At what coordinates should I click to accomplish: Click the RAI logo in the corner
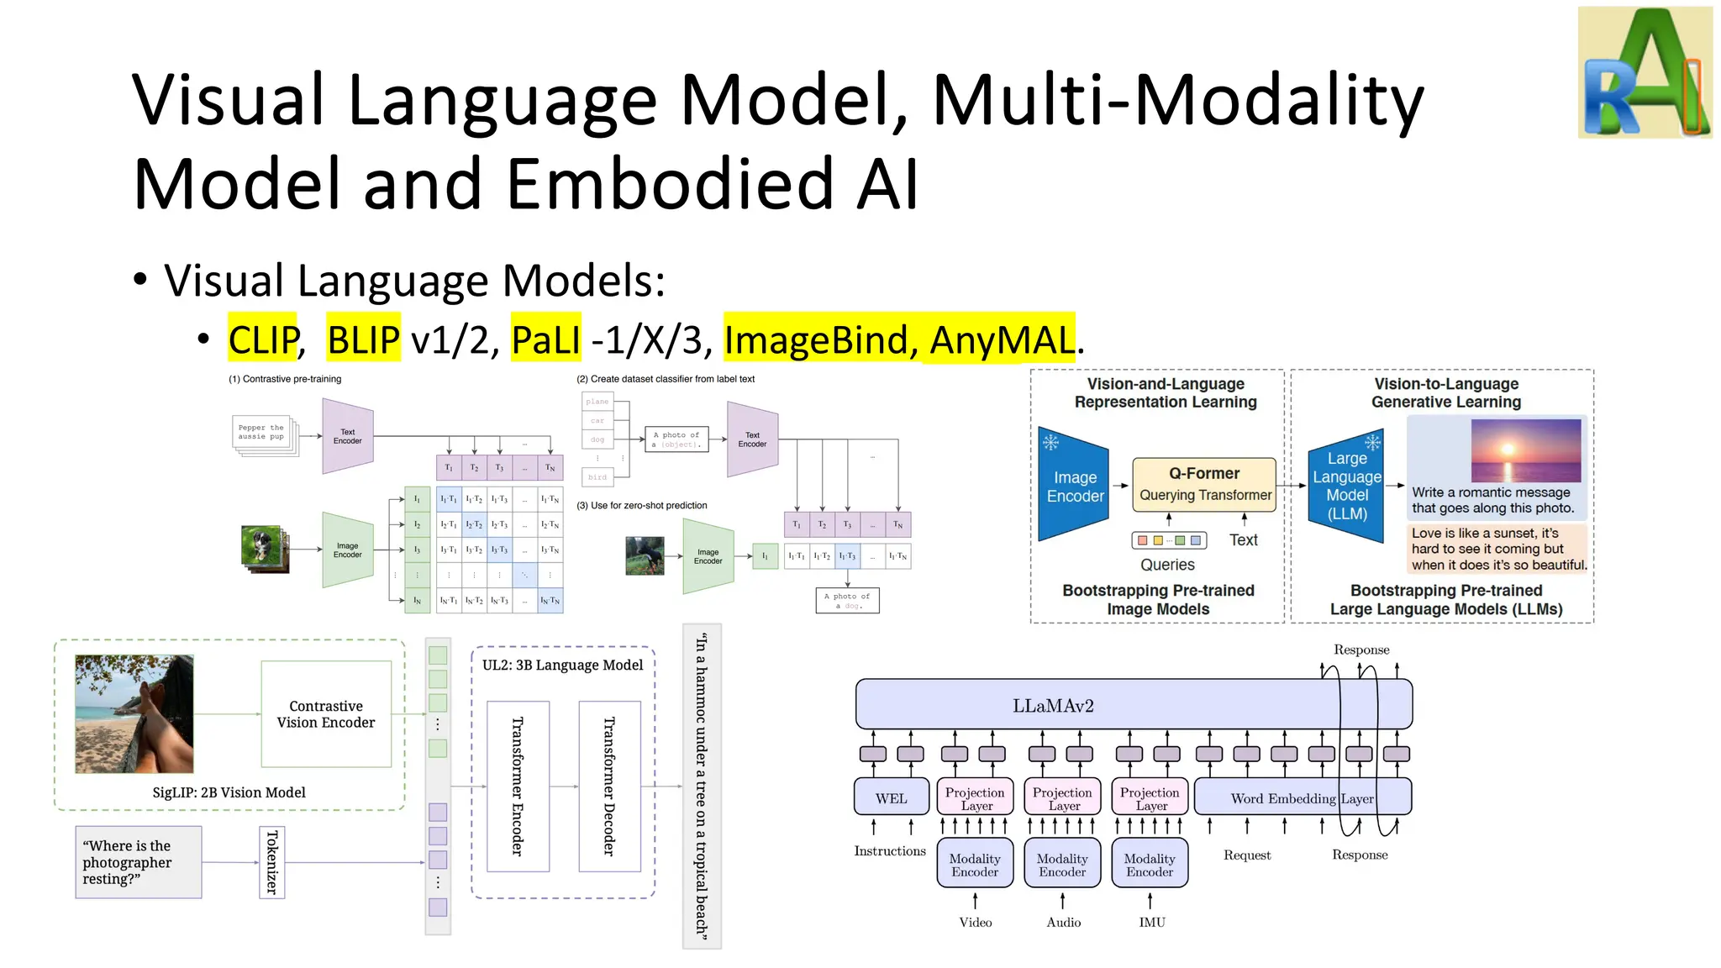[x=1645, y=73]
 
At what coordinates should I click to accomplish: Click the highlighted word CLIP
[x=263, y=339]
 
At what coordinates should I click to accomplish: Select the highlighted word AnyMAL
[x=1001, y=339]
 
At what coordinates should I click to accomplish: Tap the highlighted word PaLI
[x=545, y=339]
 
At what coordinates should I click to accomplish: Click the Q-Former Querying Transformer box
[x=1204, y=484]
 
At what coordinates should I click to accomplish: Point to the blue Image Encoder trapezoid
[x=1074, y=486]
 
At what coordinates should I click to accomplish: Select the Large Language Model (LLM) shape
[x=1346, y=486]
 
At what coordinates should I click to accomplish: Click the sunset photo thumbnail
[x=1525, y=450]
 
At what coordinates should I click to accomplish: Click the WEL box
[x=891, y=797]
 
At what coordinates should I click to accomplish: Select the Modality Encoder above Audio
[x=1062, y=865]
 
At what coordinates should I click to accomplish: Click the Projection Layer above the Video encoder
[x=975, y=797]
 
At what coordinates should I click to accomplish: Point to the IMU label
[x=1152, y=922]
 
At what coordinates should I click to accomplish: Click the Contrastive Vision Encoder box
[x=326, y=714]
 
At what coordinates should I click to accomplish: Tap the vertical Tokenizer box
[x=271, y=862]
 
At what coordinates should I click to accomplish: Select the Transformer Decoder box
[x=609, y=786]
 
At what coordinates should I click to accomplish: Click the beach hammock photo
[x=134, y=714]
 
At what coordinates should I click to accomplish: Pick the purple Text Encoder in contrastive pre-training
[x=347, y=436]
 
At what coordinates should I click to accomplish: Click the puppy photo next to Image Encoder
[x=264, y=549]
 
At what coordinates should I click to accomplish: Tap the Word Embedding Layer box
[x=1302, y=797]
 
